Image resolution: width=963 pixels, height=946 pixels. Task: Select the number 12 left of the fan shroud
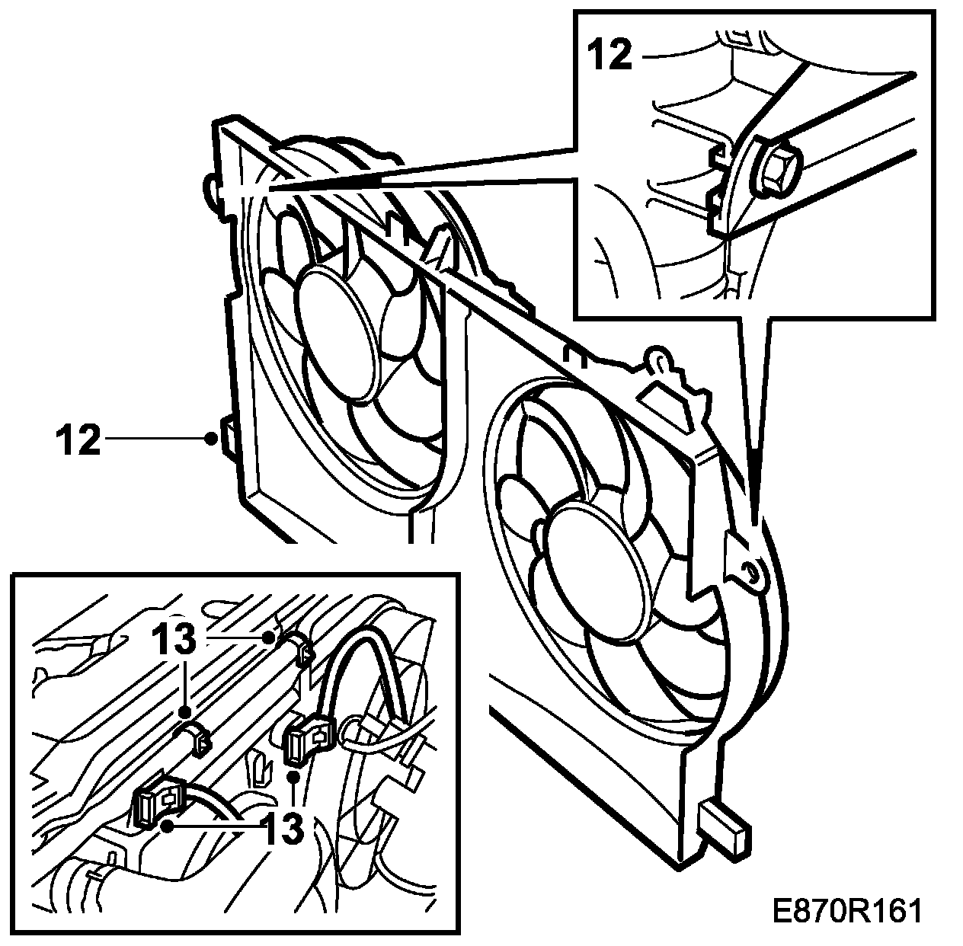click(x=78, y=439)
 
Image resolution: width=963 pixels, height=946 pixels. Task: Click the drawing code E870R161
click(x=846, y=911)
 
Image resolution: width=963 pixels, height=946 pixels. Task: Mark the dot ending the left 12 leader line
click(x=211, y=438)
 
